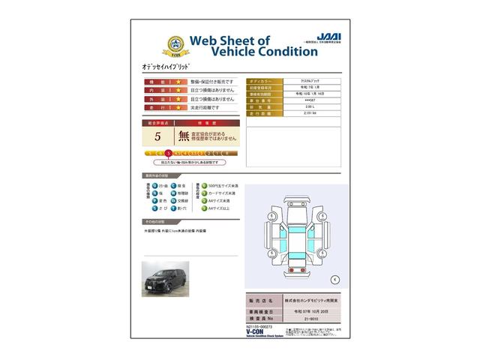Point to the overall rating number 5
[x=157, y=136]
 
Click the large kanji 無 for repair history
[x=184, y=136]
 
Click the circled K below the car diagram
[x=334, y=279]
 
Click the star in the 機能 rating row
[x=179, y=80]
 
